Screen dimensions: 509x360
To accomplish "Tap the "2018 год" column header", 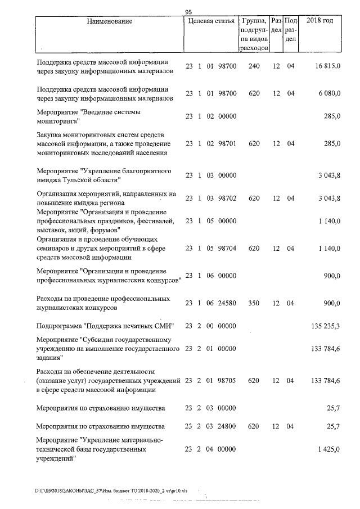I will [319, 21].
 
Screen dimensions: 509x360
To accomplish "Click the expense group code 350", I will [254, 303].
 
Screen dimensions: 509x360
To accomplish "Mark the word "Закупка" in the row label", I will [49, 135].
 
